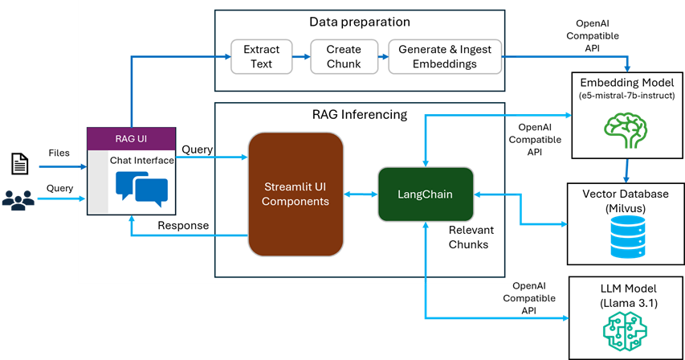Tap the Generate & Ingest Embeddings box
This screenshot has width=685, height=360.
pos(445,56)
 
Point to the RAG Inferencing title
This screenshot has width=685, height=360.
pos(359,114)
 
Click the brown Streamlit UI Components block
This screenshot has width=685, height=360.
pos(296,194)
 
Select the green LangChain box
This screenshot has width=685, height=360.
pos(426,194)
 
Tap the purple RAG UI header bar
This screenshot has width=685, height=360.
pos(131,138)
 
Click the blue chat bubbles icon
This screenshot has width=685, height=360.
pos(141,188)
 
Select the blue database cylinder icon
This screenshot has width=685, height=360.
pos(627,236)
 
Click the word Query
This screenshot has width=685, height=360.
pos(197,149)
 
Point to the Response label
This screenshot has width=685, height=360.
pos(183,225)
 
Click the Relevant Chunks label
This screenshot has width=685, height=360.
pos(468,237)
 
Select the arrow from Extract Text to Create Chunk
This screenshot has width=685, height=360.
pos(301,57)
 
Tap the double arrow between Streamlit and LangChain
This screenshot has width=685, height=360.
pos(361,194)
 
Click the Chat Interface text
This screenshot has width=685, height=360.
pos(142,160)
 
